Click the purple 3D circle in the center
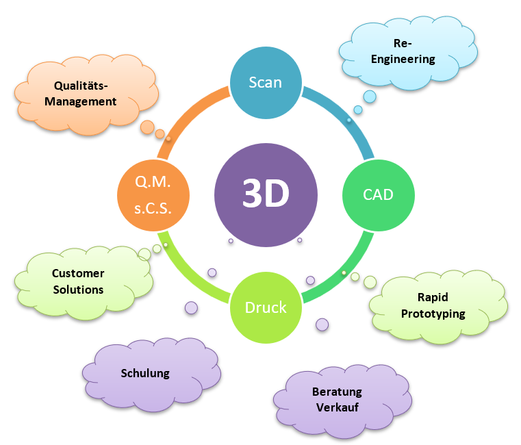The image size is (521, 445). (266, 194)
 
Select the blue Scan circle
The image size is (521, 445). (266, 82)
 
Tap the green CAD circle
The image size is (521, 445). (378, 194)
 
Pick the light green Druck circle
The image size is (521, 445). (266, 307)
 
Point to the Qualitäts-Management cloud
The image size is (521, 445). (84, 94)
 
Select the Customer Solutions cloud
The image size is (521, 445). (78, 281)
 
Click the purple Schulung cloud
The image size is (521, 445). (145, 373)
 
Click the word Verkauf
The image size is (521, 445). (337, 407)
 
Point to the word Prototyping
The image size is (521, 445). (433, 314)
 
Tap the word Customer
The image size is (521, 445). (78, 274)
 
